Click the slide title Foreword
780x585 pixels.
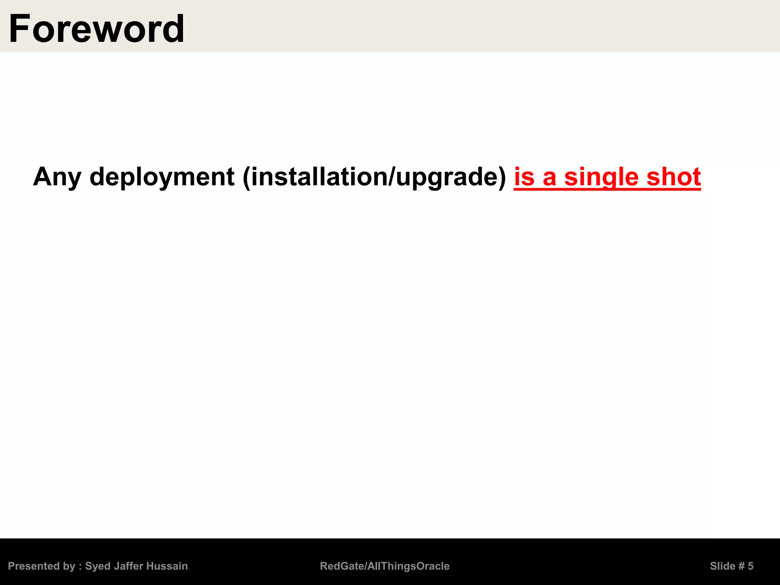tap(97, 29)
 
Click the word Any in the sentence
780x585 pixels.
tap(57, 177)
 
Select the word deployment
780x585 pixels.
tap(162, 177)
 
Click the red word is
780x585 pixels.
tap(524, 177)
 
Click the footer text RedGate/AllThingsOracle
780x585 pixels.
tap(385, 566)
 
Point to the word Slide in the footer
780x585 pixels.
tap(722, 566)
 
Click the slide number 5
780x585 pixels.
tap(751, 566)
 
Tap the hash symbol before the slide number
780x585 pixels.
tap(741, 566)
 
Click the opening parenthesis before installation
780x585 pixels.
tap(246, 177)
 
